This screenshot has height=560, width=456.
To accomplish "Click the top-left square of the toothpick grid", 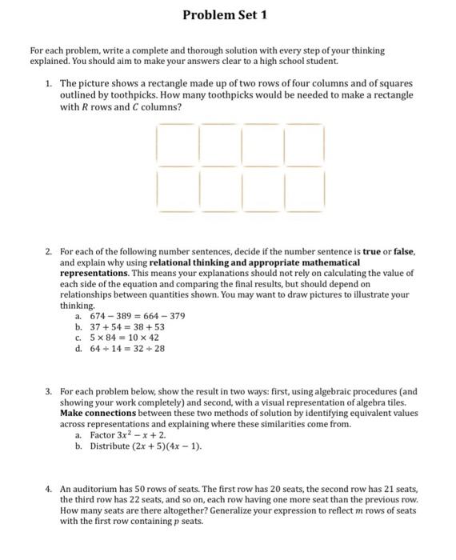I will coord(177,145).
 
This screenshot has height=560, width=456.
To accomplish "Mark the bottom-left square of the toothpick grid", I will coord(177,190).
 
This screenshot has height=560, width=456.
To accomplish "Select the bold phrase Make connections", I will coord(94,414).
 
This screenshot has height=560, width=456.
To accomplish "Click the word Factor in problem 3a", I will coord(103,434).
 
